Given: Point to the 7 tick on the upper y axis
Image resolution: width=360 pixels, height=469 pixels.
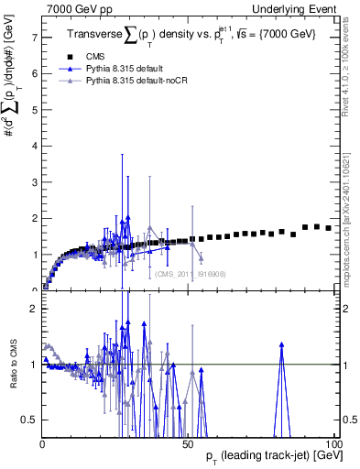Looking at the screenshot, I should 34,38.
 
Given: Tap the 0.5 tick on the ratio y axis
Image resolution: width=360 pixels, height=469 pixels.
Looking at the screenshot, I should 30,420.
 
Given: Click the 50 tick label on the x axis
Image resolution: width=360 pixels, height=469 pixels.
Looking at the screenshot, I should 188,444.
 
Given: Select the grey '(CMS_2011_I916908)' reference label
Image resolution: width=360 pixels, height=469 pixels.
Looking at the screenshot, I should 191,273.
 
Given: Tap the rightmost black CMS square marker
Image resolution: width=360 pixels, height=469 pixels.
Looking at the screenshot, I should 328,228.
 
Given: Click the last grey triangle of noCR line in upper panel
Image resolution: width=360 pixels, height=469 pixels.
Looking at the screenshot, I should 201,258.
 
